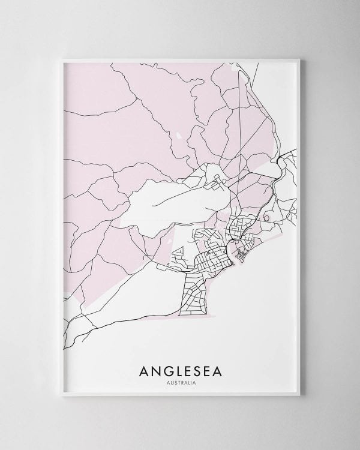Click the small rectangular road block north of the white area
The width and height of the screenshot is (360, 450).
tap(213, 177)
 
